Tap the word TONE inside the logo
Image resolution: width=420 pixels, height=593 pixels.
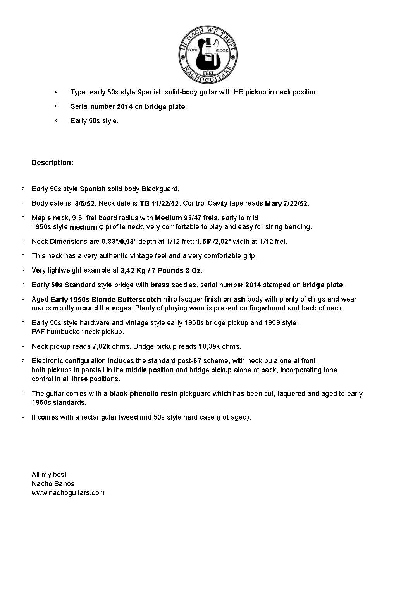(x=193, y=51)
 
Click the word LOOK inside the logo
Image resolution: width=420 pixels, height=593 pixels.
(x=223, y=51)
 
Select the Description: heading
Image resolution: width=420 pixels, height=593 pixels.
(x=52, y=163)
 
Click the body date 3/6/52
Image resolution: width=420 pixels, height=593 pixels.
(x=84, y=204)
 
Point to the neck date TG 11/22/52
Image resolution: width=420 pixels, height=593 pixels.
(x=159, y=204)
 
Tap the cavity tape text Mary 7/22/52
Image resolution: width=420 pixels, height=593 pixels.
(x=286, y=204)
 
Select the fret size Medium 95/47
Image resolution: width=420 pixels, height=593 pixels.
(x=178, y=218)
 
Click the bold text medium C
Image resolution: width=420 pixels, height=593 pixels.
(x=86, y=227)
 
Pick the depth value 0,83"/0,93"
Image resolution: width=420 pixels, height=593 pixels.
(x=119, y=242)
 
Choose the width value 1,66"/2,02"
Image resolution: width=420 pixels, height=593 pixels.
(x=213, y=242)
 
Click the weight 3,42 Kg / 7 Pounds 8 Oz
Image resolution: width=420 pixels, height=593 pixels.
(x=160, y=271)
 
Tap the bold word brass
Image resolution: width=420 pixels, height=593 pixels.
(x=160, y=285)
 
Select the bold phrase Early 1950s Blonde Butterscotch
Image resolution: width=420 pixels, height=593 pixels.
(x=105, y=300)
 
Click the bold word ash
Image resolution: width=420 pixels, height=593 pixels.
(x=239, y=300)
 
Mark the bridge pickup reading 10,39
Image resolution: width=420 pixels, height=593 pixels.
(x=207, y=346)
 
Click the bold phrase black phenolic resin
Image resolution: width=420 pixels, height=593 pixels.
(x=143, y=394)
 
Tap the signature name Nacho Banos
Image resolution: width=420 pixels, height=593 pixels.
(x=53, y=484)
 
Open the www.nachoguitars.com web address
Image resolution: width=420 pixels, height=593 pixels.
(x=68, y=493)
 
